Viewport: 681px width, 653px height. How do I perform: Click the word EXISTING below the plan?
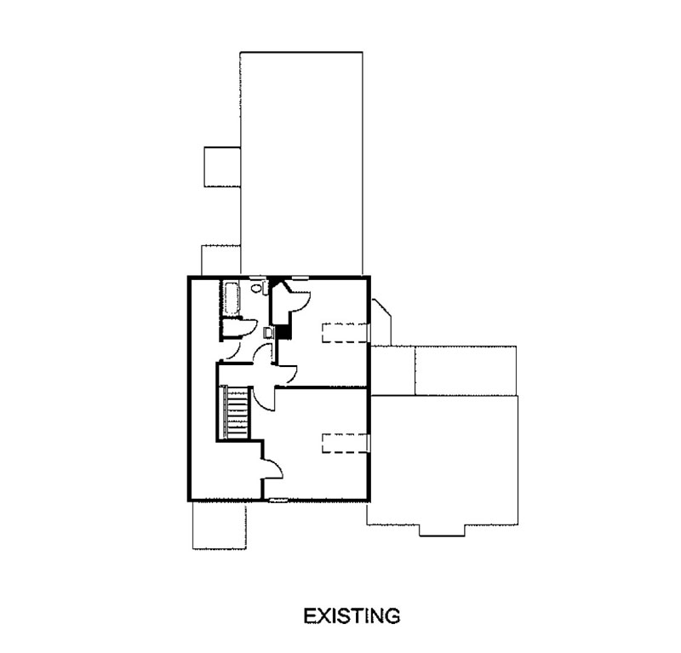pos(352,616)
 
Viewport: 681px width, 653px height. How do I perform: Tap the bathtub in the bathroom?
pos(231,298)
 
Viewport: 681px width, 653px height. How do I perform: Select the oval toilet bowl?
pos(255,288)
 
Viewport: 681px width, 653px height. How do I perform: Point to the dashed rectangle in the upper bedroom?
pos(345,333)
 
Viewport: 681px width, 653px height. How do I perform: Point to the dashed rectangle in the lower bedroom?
pos(345,444)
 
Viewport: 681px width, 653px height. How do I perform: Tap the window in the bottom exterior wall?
pos(278,501)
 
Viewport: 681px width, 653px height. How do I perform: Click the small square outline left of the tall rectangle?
pos(222,167)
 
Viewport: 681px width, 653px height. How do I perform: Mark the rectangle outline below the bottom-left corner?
pos(220,525)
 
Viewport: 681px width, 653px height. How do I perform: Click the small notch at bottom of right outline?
pos(442,530)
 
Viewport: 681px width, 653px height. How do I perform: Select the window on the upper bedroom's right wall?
pos(369,333)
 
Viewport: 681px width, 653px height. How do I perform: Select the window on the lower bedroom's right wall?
pos(369,444)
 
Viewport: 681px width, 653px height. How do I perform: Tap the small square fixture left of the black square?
pos(269,333)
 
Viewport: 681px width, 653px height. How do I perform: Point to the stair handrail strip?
pos(224,412)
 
